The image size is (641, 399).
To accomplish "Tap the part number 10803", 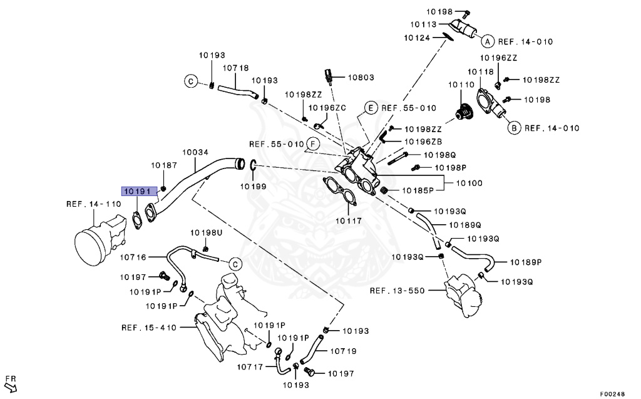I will (x=361, y=78).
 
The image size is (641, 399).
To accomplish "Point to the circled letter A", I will (x=486, y=41).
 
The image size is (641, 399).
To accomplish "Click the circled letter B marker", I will (x=513, y=128).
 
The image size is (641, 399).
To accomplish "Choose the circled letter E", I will (x=370, y=108).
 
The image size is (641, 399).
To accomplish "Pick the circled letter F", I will (x=313, y=144).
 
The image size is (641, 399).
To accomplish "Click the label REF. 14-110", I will (x=93, y=204).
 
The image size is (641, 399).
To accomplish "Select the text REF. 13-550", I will (x=396, y=291).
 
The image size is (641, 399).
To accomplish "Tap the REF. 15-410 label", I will (x=148, y=327).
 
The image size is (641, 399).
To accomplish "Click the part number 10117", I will (x=347, y=220).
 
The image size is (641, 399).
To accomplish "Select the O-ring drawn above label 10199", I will (x=253, y=165).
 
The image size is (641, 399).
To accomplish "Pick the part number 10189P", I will (x=526, y=262).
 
